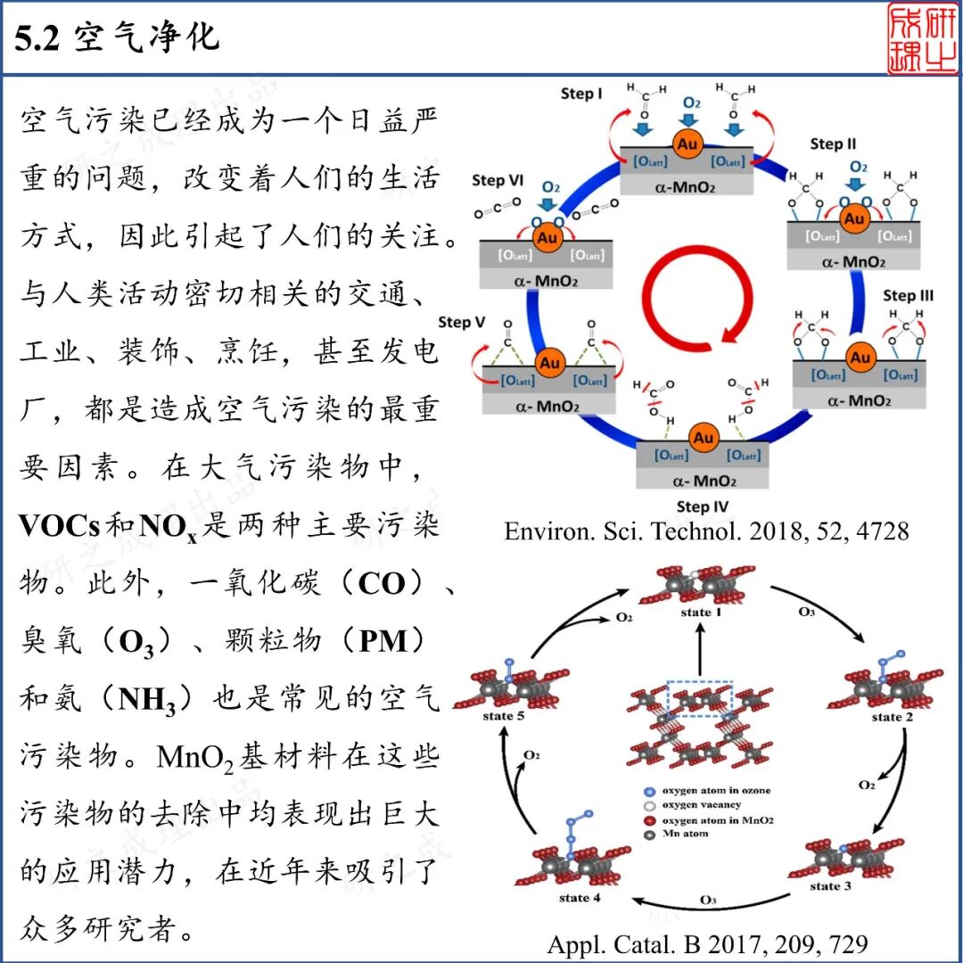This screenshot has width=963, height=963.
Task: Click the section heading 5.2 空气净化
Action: pos(117,38)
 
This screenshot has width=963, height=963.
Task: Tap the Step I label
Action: pos(581,93)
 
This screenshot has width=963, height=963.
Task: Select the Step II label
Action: pos(833,144)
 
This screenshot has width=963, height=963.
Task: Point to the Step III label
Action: pos(908,294)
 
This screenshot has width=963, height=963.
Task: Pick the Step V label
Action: pos(461,321)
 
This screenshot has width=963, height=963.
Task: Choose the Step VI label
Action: pos(498,180)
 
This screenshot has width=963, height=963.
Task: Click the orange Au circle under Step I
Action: pos(687,144)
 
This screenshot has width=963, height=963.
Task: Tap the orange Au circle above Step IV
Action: pos(704,438)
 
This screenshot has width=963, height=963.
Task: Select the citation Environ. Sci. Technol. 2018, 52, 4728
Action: pos(706,531)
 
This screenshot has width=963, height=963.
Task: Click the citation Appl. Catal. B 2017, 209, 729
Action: pos(706,943)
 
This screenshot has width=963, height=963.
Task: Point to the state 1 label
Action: pos(696,613)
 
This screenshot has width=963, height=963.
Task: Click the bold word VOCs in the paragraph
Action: pos(60,526)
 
